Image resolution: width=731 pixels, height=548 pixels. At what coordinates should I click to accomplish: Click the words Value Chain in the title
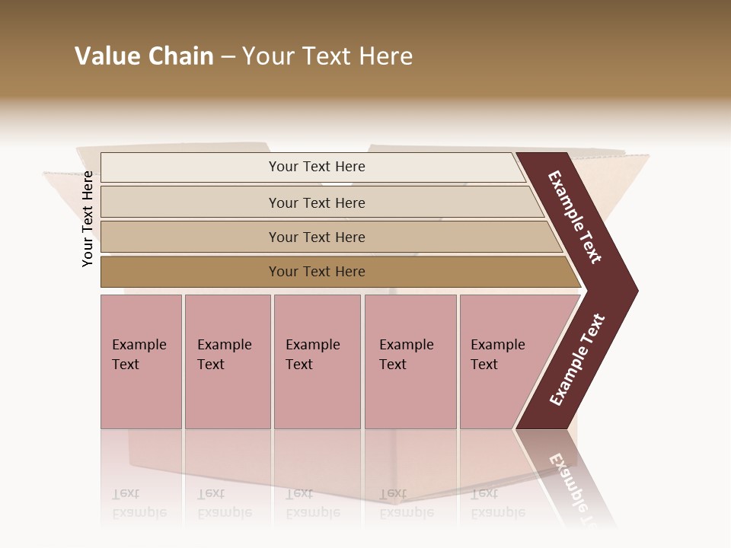coord(144,56)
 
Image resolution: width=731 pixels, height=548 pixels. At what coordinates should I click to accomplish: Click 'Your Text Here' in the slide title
coord(327,56)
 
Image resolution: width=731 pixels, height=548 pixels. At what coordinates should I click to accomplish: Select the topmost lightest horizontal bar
coord(316,167)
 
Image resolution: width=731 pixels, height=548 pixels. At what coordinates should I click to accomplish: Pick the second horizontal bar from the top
coord(316,202)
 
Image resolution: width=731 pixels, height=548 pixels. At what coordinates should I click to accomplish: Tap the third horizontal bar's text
coord(316,237)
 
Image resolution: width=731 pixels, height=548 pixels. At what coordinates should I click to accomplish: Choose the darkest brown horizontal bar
coord(316,272)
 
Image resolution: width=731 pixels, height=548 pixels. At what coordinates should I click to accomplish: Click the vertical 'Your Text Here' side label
coord(88,218)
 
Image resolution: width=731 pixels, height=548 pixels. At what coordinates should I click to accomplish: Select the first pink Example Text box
coord(141,362)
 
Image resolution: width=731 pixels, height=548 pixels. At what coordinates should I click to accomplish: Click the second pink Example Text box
coord(227,362)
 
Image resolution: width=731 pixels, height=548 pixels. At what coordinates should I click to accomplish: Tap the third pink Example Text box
coord(317,362)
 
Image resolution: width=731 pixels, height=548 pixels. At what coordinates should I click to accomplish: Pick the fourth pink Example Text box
coord(410,362)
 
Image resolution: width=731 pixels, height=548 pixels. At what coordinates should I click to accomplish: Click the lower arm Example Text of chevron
coord(577,359)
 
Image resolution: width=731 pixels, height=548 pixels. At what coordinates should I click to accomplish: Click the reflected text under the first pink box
coord(139,503)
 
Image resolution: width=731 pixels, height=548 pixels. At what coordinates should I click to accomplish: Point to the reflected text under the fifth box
coord(497,503)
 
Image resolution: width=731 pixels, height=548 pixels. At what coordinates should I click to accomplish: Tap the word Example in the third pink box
coord(312,345)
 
